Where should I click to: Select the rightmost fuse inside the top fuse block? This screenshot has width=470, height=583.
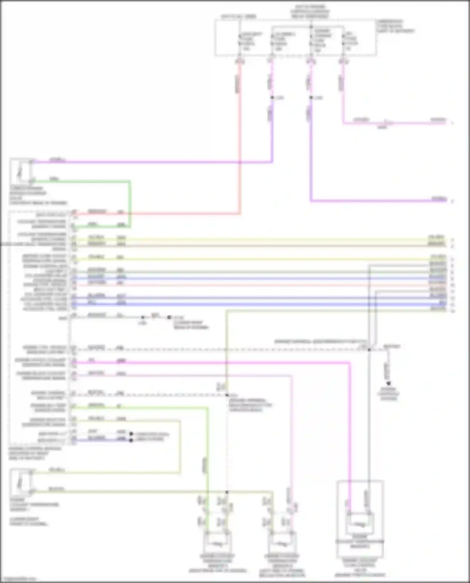[x=343, y=41]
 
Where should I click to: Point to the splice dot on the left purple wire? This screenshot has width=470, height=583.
[x=272, y=98]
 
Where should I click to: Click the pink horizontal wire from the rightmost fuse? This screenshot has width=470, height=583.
[x=395, y=123]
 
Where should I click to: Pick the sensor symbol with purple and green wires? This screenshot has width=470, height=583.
[x=21, y=171]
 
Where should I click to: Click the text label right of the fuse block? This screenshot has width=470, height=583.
[x=395, y=26]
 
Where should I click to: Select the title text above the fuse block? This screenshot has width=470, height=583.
[x=310, y=11]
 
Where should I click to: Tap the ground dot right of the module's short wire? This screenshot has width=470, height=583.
[x=169, y=317]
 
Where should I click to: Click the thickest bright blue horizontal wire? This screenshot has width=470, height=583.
[x=251, y=304]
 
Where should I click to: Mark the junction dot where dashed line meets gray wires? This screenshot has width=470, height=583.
[x=369, y=350]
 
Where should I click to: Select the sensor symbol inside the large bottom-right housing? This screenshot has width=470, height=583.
[x=360, y=524]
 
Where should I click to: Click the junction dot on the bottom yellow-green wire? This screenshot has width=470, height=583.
[x=227, y=492]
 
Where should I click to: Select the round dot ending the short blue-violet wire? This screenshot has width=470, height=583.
[x=131, y=440]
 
